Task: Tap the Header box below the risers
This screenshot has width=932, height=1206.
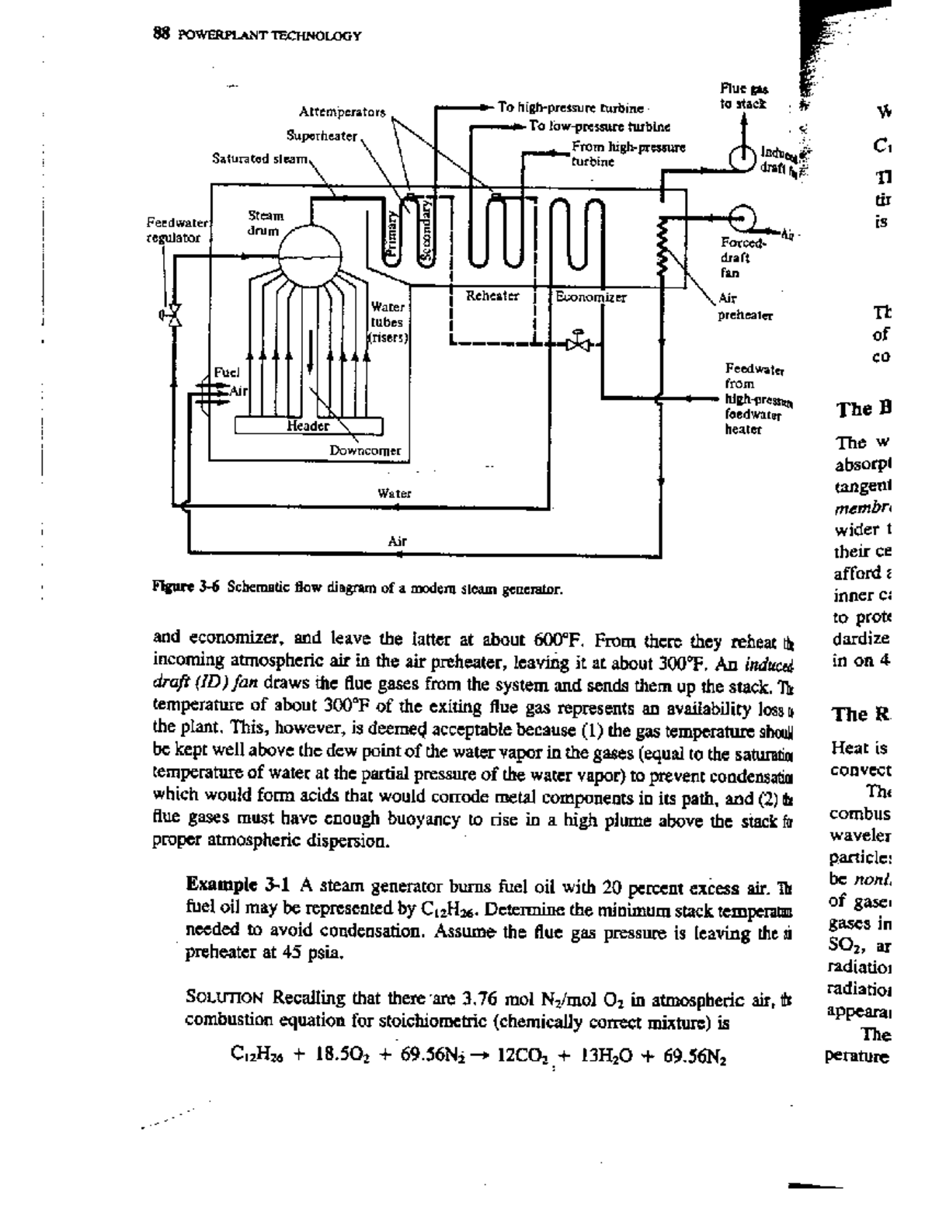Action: point(308,426)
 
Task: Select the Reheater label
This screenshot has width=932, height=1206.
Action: point(492,296)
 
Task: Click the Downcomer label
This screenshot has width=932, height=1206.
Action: point(365,450)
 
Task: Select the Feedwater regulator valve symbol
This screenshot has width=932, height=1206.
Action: point(175,315)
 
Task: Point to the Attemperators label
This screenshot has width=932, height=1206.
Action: point(342,112)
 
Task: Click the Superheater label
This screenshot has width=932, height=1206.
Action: point(322,136)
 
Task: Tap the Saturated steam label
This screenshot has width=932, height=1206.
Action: point(262,159)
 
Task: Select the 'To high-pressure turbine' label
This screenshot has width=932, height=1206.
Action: point(570,108)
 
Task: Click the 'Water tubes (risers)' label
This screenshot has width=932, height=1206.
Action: point(386,321)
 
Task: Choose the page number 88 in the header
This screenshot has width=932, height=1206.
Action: point(162,35)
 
